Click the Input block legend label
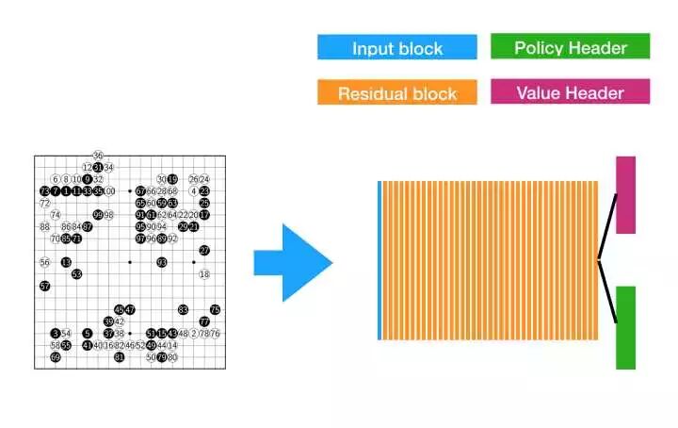[x=397, y=48]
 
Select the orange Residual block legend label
[x=397, y=92]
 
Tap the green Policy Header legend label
[x=570, y=46]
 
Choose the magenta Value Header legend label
[x=570, y=91]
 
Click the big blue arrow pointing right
[x=293, y=262]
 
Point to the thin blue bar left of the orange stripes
[x=379, y=259]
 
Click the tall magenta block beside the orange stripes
[x=625, y=194]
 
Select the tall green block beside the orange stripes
[x=625, y=327]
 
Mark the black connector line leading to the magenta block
[x=607, y=227]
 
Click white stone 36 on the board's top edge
[x=98, y=156]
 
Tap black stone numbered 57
[x=44, y=286]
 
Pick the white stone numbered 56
[x=44, y=262]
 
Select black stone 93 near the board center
[x=162, y=262]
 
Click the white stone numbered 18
[x=204, y=274]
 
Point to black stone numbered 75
[x=216, y=309]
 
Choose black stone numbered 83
[x=184, y=309]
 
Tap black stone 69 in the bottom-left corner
[x=56, y=357]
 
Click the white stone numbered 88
[x=44, y=226]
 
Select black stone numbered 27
[x=204, y=250]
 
